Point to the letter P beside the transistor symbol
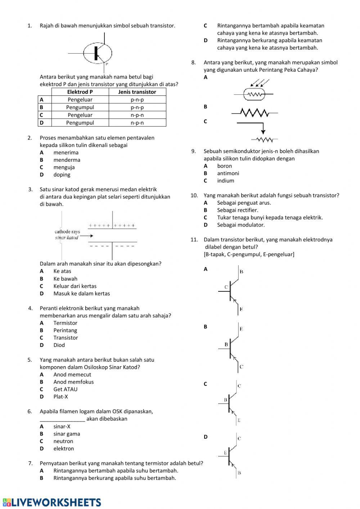(x=107, y=64)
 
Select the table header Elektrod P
(x=80, y=92)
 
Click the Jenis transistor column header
(x=137, y=92)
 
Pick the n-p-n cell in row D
(x=137, y=123)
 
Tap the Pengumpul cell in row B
(x=80, y=107)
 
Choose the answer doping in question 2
(x=62, y=175)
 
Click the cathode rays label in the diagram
(x=67, y=232)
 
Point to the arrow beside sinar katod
(x=86, y=236)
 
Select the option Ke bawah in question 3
(x=65, y=279)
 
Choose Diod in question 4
(x=59, y=345)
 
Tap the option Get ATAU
(x=65, y=389)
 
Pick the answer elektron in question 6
(x=64, y=449)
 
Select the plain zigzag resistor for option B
(x=255, y=113)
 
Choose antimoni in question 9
(x=228, y=173)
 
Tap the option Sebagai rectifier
(x=238, y=210)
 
